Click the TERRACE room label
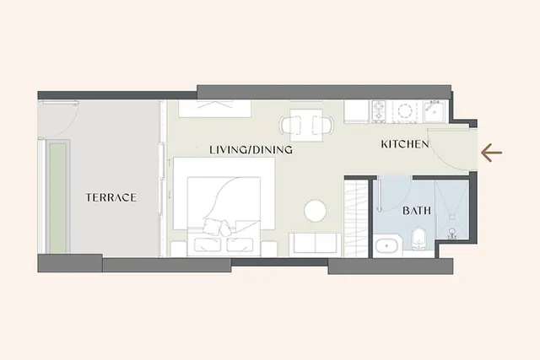(111, 197)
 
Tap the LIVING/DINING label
(251, 150)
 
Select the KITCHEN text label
(405, 144)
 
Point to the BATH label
(417, 210)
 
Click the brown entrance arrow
(491, 153)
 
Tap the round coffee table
(315, 211)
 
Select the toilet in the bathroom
(418, 238)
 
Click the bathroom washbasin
(386, 246)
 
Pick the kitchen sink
(435, 110)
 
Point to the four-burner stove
(379, 111)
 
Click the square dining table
(306, 126)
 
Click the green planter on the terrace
(57, 198)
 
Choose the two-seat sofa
(315, 244)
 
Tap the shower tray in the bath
(452, 210)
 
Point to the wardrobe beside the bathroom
(356, 218)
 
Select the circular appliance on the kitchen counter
(405, 111)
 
